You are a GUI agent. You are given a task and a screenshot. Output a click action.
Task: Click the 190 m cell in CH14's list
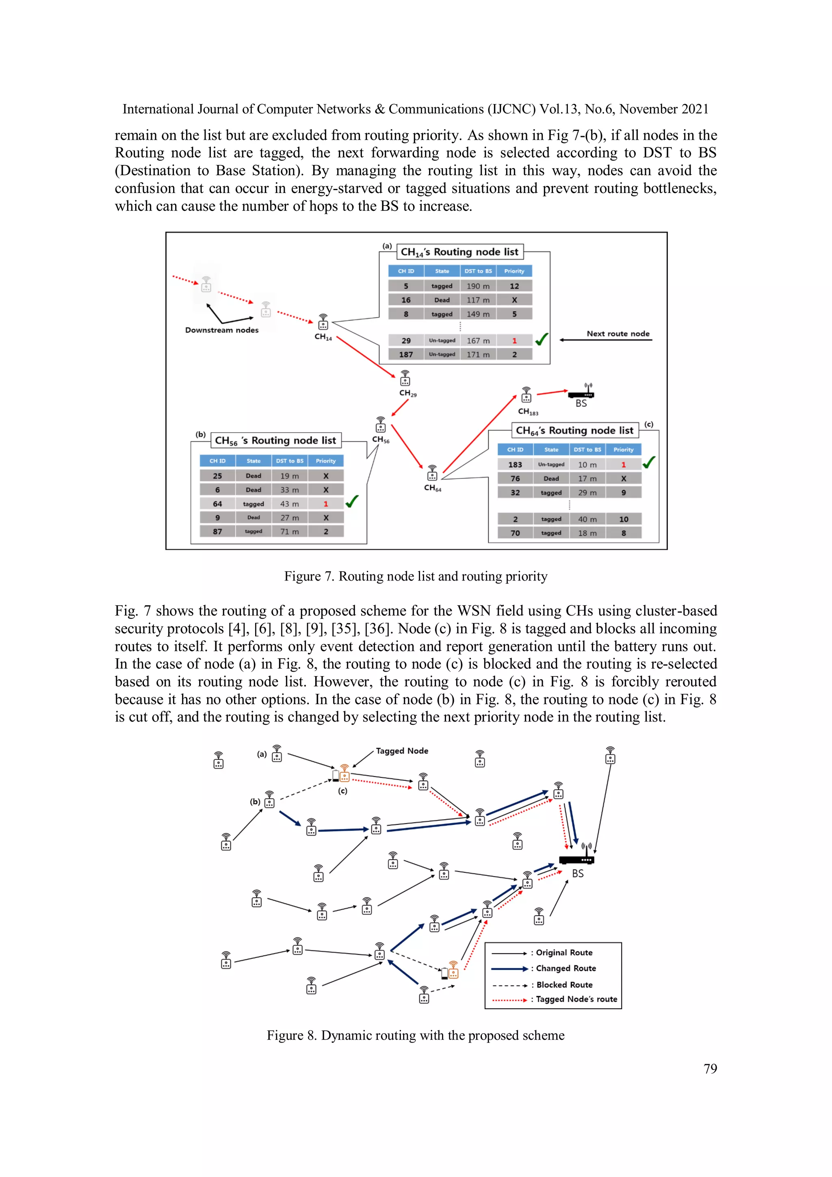click(x=478, y=286)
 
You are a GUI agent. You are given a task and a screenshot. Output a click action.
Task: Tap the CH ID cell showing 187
click(x=406, y=354)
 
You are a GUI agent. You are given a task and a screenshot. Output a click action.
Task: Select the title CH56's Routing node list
click(x=275, y=440)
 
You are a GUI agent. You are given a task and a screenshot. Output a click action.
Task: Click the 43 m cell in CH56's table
click(x=289, y=504)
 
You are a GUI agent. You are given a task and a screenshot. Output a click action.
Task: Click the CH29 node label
click(x=407, y=393)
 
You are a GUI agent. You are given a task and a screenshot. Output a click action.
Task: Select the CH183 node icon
click(x=526, y=395)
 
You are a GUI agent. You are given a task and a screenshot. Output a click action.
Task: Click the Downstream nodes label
click(x=221, y=330)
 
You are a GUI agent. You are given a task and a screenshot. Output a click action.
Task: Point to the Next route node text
click(x=618, y=334)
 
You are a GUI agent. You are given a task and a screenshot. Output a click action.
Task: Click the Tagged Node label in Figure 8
click(x=402, y=751)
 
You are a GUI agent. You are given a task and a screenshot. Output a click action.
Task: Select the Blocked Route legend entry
click(x=564, y=985)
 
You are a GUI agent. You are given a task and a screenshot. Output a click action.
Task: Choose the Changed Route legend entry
click(x=565, y=968)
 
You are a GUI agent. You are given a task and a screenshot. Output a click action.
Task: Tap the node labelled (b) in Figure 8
click(x=269, y=800)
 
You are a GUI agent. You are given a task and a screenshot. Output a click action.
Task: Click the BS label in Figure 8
click(x=578, y=874)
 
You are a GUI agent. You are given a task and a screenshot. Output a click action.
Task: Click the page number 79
click(x=710, y=1069)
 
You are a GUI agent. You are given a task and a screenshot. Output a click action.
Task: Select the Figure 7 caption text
click(x=416, y=576)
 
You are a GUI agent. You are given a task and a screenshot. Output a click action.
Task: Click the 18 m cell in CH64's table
click(x=587, y=533)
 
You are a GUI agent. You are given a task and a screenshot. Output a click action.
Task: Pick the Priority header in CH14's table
click(x=514, y=271)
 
